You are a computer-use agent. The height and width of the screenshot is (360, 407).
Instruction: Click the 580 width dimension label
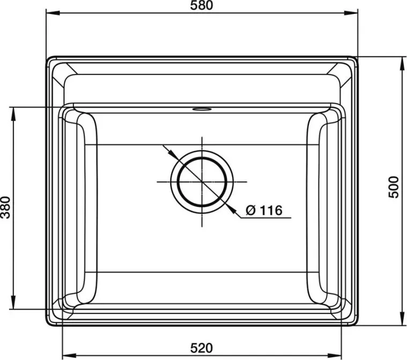[202, 5]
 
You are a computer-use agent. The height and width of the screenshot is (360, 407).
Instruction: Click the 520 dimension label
[202, 348]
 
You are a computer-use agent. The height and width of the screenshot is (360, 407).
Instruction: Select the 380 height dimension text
[5, 208]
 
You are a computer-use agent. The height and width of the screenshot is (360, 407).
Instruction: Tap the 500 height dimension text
[394, 187]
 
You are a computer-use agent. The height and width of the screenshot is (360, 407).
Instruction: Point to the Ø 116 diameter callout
[264, 210]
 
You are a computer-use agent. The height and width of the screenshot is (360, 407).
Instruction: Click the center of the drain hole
[202, 182]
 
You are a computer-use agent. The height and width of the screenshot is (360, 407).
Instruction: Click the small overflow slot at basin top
[202, 108]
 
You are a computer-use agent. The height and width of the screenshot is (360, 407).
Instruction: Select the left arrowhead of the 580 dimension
[53, 13]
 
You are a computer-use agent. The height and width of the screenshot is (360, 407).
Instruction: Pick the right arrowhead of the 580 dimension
[351, 13]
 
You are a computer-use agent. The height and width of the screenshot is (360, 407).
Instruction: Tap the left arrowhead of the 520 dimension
[69, 355]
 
